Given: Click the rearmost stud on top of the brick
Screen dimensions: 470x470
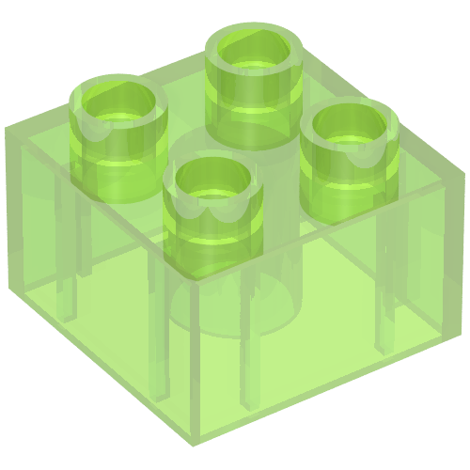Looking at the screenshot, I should tap(255, 80).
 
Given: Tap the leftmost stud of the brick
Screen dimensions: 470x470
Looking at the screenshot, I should tap(118, 127).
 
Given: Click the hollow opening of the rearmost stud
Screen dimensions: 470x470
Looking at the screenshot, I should tap(255, 49).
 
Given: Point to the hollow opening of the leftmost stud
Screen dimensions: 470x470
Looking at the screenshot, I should tap(118, 100).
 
